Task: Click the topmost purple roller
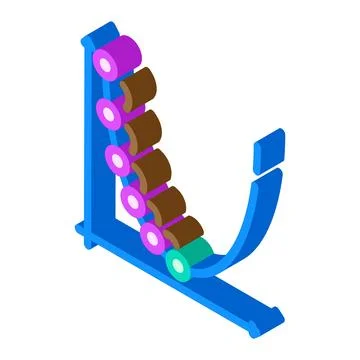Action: (118, 57)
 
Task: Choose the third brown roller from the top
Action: (155, 170)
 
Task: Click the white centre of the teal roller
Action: (179, 265)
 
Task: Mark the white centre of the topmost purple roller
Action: (103, 65)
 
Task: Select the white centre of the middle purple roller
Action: (117, 160)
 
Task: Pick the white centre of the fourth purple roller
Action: (131, 201)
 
